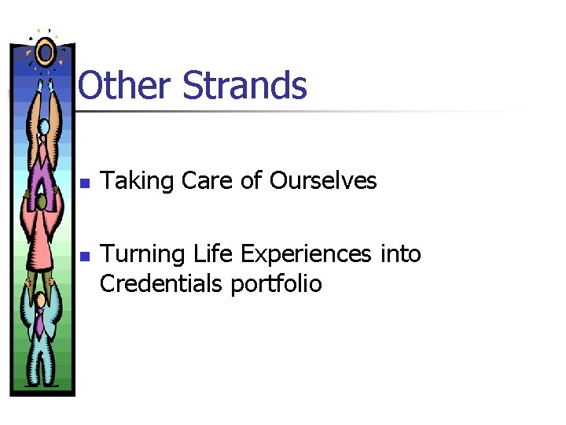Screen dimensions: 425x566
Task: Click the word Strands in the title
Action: click(x=244, y=85)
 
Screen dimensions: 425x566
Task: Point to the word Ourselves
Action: click(x=323, y=181)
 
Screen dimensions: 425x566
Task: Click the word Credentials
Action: click(x=162, y=283)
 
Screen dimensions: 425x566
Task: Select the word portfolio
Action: click(x=276, y=283)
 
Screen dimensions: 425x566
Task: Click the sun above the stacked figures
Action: click(x=45, y=52)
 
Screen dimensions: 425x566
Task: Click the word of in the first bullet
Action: click(x=251, y=181)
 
